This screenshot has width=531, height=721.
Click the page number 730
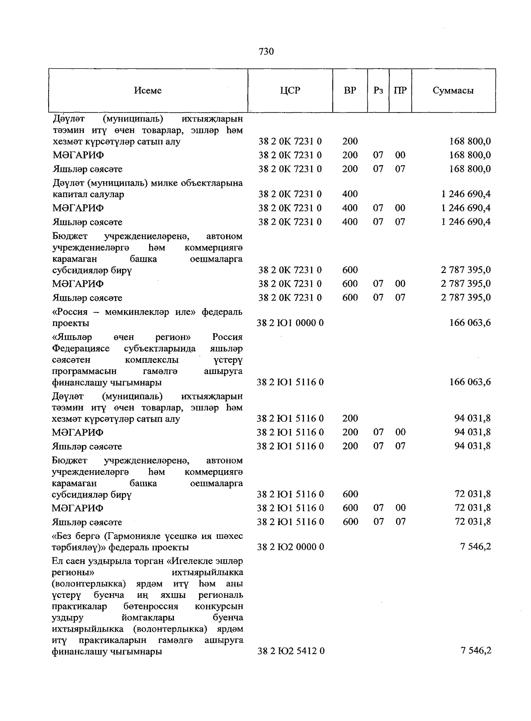coord(266,52)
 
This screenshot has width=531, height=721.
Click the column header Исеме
coord(148,91)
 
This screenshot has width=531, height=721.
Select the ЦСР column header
coord(290,91)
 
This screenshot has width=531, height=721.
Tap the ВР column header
coord(350,91)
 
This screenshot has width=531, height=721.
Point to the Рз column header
coord(378,91)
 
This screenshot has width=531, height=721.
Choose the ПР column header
coord(400,91)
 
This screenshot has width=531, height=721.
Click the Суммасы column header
coord(453,91)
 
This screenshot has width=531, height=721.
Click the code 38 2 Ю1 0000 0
coord(290,323)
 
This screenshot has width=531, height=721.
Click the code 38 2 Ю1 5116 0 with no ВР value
coord(290,382)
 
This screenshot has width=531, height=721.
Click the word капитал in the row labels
coord(67,195)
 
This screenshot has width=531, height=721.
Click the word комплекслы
coord(152,360)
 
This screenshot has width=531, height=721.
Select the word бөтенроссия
coord(151,606)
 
